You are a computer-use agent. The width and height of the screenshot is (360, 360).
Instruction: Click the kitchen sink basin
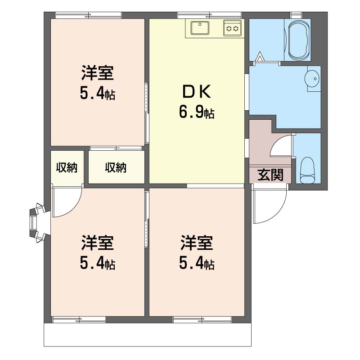coord(200,28)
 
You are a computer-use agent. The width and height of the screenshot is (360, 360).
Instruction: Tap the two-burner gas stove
coord(232,28)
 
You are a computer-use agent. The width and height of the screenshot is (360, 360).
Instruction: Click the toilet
coord(307,170)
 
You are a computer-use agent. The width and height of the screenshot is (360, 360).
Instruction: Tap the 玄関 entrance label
coord(270,175)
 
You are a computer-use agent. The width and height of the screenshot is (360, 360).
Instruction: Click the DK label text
coord(197,92)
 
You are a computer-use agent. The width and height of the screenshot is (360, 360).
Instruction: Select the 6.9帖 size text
coord(197,113)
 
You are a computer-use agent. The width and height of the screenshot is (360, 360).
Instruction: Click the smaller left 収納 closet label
coord(67,167)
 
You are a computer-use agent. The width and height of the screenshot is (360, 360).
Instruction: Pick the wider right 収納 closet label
coord(116,167)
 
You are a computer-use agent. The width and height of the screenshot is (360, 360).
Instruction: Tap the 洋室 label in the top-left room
coord(98,73)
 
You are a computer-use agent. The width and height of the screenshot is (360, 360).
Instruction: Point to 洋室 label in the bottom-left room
coord(98,243)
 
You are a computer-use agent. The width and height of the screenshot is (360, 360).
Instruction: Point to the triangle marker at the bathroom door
coord(260,57)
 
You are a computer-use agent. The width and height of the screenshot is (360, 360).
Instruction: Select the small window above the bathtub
coord(296,15)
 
